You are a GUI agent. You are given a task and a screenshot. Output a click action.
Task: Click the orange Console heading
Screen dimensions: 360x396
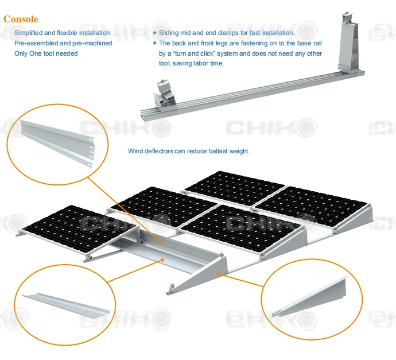click(x=21, y=19)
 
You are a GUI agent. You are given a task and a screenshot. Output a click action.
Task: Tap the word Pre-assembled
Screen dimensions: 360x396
click(x=33, y=43)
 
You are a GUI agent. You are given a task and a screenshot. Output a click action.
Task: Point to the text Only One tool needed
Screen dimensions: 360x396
click(x=45, y=53)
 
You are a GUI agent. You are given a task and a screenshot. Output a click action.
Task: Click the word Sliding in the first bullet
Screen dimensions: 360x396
click(x=169, y=33)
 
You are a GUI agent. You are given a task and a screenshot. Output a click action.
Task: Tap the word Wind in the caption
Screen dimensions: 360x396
click(x=135, y=152)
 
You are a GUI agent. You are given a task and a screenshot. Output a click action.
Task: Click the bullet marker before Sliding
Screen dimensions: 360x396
click(x=154, y=33)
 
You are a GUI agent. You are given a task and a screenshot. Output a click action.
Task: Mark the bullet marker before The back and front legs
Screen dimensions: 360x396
click(x=154, y=44)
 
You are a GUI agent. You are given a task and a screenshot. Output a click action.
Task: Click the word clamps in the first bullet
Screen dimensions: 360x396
click(x=228, y=33)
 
